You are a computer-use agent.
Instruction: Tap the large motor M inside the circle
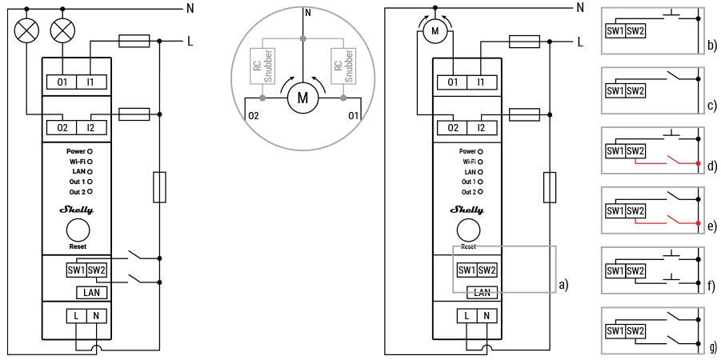[x=302, y=98]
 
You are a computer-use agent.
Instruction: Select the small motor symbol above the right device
[x=435, y=30]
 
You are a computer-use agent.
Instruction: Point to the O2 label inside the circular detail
[x=254, y=117]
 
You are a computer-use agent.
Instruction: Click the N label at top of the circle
[x=307, y=13]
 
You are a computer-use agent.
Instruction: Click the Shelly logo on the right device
[x=467, y=210]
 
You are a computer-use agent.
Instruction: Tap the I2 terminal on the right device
[x=480, y=128]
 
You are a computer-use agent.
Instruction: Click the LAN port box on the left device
[x=90, y=293]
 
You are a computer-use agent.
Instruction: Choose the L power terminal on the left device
[x=76, y=316]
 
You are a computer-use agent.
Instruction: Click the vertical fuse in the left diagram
[x=159, y=186]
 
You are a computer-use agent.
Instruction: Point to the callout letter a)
[x=564, y=283]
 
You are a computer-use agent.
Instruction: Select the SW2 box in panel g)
[x=635, y=331]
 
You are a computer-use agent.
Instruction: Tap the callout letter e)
[x=711, y=226]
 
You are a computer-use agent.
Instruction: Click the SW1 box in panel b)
[x=615, y=30]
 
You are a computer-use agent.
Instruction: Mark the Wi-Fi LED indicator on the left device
[x=90, y=161]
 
